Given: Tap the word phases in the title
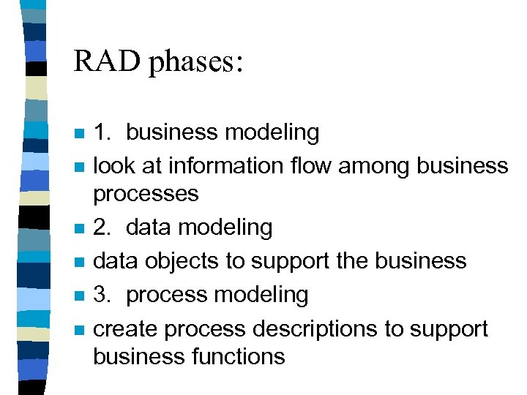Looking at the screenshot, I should [x=195, y=63].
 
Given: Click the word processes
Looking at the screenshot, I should [x=146, y=195].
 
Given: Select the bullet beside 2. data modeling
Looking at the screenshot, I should [x=81, y=229].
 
